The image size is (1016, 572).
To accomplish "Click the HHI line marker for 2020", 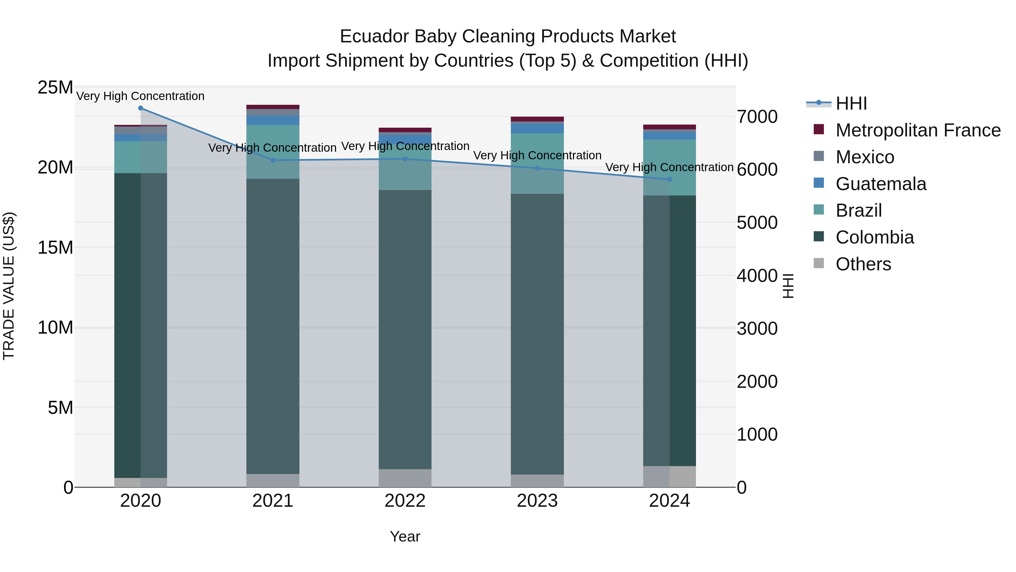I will click(141, 108).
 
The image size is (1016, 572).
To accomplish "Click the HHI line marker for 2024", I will click(669, 180).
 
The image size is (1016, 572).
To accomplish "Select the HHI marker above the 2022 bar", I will click(405, 159).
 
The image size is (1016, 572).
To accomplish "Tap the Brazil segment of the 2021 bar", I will click(273, 152).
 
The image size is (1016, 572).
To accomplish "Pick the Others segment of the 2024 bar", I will click(669, 477).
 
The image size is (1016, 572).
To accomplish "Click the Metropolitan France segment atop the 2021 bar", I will click(273, 107).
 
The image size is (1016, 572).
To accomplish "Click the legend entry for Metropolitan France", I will click(918, 130).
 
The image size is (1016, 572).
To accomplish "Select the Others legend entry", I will click(863, 264).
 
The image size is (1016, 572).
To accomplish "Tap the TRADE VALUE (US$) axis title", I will click(9, 286).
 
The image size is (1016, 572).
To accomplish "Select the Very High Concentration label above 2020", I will click(141, 96).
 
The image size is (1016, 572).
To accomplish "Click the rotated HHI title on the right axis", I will click(788, 286).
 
